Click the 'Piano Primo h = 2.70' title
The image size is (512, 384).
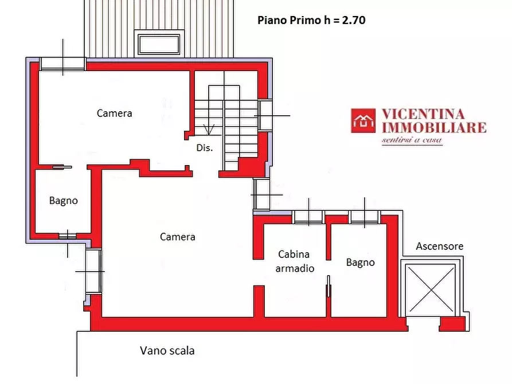[312, 20]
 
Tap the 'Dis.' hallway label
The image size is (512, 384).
[204, 147]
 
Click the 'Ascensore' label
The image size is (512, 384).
[440, 246]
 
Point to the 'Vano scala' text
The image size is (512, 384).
[167, 350]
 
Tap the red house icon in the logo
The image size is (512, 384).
[364, 121]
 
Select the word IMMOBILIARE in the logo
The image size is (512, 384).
[433, 127]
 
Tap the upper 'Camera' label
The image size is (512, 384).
[114, 113]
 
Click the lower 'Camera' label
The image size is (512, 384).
[177, 236]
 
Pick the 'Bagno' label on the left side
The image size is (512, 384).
[63, 201]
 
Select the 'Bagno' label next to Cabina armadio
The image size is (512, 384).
[360, 262]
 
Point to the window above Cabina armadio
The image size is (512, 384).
[308, 217]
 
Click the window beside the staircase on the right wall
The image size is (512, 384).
[265, 115]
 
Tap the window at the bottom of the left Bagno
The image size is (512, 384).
[68, 234]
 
